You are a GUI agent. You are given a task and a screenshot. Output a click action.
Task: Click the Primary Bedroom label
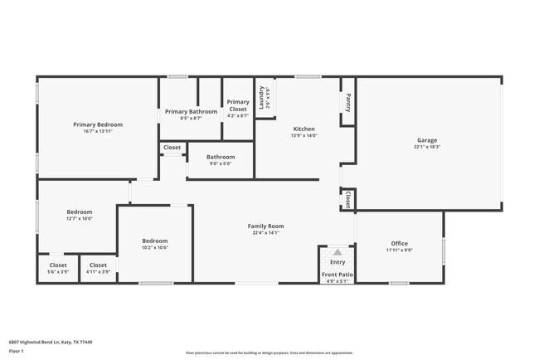click(97, 124)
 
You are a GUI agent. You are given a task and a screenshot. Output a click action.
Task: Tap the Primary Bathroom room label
click(191, 111)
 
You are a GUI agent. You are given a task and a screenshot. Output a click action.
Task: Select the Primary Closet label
click(238, 105)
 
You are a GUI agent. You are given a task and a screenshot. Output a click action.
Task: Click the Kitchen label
click(303, 129)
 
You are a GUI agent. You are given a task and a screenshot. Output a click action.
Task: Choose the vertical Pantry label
click(347, 101)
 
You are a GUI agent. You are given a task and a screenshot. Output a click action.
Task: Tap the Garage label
click(427, 140)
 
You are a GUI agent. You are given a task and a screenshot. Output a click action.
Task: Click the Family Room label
click(265, 226)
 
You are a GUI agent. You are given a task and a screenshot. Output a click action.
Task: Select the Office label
click(399, 243)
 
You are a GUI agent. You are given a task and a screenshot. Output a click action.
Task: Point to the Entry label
click(337, 262)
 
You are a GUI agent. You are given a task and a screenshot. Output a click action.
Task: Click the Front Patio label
click(337, 275)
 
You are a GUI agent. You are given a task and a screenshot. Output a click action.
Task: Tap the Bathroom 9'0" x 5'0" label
click(221, 157)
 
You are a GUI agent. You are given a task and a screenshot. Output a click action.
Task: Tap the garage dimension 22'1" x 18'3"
click(427, 147)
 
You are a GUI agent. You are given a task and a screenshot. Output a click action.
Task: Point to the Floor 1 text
click(17, 350)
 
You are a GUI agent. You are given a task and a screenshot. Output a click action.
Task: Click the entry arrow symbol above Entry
click(337, 251)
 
